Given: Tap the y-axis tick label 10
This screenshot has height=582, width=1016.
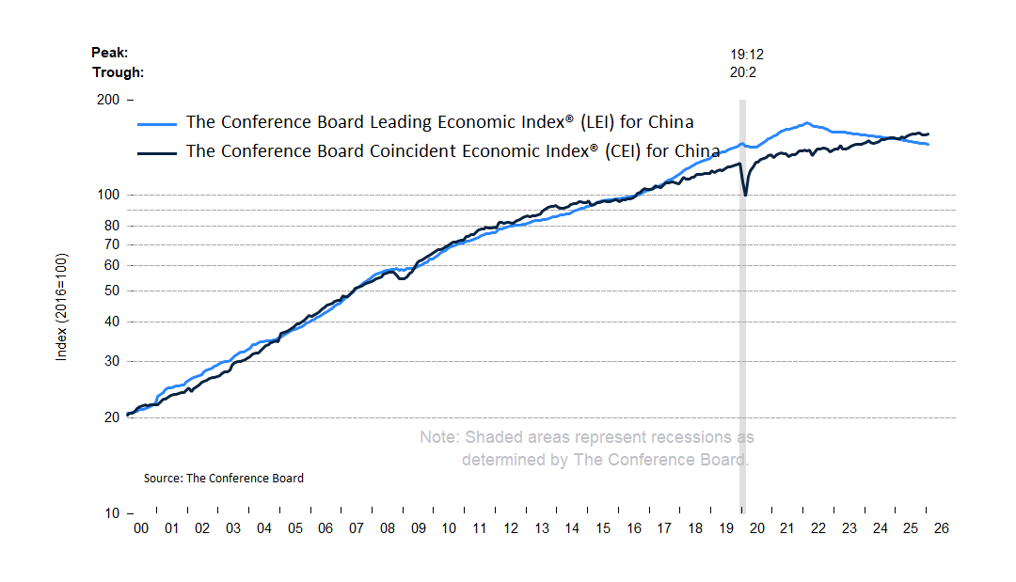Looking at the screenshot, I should [x=111, y=513].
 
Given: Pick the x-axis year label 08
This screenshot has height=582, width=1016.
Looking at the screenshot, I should [x=387, y=528].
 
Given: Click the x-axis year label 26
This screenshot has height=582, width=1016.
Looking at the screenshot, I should [x=942, y=528].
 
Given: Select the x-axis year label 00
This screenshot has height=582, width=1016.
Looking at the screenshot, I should [x=140, y=528].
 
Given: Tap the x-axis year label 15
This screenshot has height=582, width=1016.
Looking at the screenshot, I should [x=602, y=528].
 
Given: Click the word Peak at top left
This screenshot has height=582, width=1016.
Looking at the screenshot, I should [x=108, y=54].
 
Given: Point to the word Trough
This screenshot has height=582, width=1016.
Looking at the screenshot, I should [x=118, y=72].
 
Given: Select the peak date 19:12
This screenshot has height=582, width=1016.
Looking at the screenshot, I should [x=747, y=55].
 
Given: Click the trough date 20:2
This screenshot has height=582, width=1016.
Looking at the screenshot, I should [x=743, y=72].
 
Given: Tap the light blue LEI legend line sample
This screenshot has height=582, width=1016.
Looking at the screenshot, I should [x=157, y=123].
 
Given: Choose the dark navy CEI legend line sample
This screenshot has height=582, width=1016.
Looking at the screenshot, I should [x=157, y=152].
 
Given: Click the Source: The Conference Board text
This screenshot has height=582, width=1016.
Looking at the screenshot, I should [x=224, y=479].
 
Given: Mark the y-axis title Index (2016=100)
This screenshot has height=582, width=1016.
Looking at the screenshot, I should [x=62, y=307].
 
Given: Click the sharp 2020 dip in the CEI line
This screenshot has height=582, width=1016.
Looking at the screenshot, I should [x=745, y=194].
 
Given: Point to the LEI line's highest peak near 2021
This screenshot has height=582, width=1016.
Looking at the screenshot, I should [x=806, y=123].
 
